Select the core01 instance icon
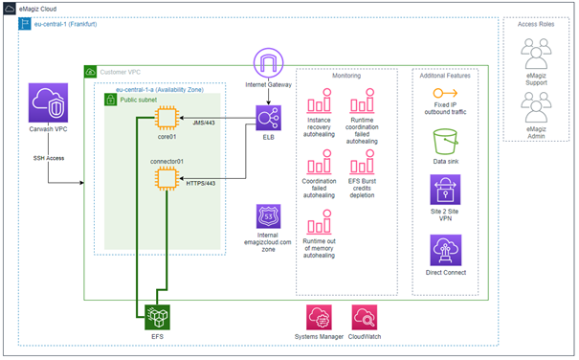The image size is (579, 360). [168, 118]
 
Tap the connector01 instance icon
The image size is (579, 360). [168, 178]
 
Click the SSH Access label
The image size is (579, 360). [48, 157]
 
